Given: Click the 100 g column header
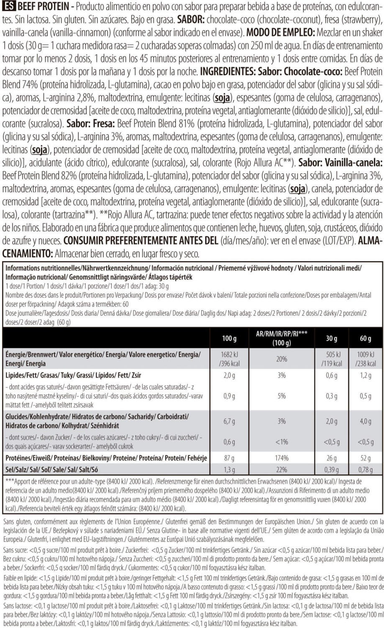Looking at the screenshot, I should pyautogui.click(x=229, y=338).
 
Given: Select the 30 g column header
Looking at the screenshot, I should pyautogui.click(x=331, y=338).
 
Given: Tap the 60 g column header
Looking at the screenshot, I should pyautogui.click(x=365, y=338).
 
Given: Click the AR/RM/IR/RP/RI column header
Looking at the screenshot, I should pyautogui.click(x=282, y=338).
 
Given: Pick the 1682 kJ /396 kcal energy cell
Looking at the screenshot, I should pyautogui.click(x=229, y=359).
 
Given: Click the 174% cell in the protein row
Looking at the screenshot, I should pyautogui.click(x=282, y=458).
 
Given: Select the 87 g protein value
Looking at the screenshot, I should pyautogui.click(x=229, y=458).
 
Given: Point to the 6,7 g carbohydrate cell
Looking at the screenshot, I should pyautogui.click(x=229, y=421).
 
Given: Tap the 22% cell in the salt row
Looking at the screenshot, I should pyautogui.click(x=282, y=470).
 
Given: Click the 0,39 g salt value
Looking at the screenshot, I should pyautogui.click(x=331, y=470).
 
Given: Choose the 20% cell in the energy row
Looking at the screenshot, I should pyautogui.click(x=282, y=359).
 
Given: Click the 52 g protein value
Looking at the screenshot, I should pyautogui.click(x=365, y=458).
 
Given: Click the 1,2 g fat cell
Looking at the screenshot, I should pyautogui.click(x=365, y=375).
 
